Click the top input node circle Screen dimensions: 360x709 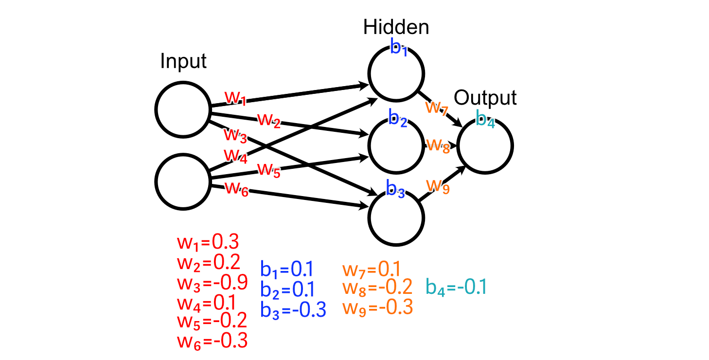point(182,109)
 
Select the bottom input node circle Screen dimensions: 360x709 point(182,181)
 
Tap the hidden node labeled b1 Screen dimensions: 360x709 point(396,73)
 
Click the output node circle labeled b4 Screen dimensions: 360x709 point(485,145)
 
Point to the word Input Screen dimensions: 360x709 point(183,62)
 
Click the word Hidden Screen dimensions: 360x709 point(396,27)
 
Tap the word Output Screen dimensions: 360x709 point(485,98)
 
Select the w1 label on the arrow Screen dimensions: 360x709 point(236,98)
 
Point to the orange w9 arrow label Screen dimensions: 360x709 point(438,186)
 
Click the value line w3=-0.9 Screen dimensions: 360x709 point(212,282)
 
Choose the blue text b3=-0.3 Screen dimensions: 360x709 point(293,309)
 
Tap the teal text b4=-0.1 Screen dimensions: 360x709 point(456,287)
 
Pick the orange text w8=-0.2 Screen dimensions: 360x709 point(377,287)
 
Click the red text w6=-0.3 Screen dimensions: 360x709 point(212,340)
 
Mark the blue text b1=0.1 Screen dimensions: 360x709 point(287,269)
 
